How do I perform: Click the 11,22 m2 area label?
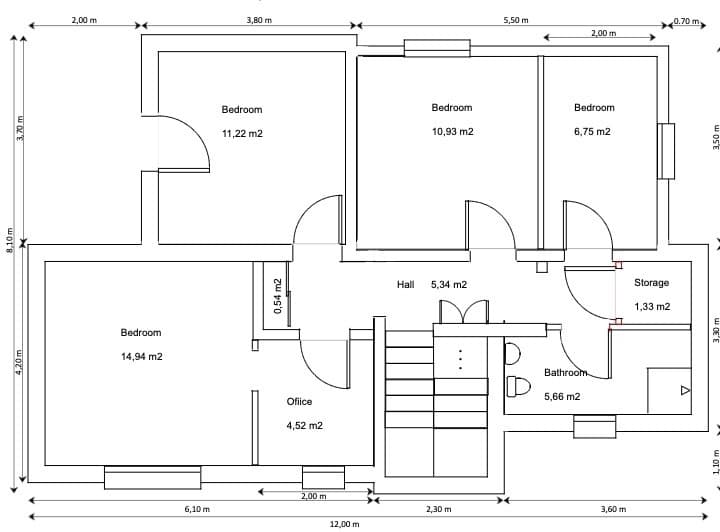(242, 133)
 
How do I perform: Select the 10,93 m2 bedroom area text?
(452, 132)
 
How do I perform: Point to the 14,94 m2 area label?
(141, 357)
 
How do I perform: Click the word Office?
(299, 402)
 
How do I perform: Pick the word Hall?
(405, 285)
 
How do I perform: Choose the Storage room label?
(651, 283)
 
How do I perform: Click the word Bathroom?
(565, 372)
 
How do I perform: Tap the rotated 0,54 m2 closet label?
(278, 297)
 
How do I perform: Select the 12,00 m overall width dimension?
(344, 524)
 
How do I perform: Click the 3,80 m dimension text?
(259, 20)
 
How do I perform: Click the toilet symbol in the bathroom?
(518, 386)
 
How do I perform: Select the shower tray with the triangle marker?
(669, 390)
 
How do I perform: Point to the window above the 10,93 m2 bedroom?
(437, 48)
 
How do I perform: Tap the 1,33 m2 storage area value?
(651, 307)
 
